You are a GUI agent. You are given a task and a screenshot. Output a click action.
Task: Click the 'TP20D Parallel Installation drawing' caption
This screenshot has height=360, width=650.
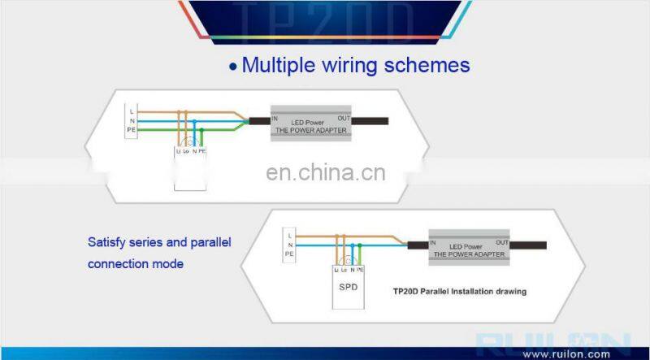tap(459, 291)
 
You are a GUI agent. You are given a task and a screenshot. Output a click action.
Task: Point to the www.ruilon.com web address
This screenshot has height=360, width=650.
tap(565, 353)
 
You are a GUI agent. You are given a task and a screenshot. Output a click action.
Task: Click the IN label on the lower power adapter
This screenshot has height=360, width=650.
tap(433, 243)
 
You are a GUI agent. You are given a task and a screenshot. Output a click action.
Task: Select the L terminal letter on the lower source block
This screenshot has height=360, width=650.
tap(290, 233)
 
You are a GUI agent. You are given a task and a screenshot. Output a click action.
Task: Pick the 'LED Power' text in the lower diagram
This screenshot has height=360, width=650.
tap(467, 246)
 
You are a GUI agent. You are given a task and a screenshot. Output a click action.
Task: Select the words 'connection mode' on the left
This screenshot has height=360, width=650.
tap(135, 263)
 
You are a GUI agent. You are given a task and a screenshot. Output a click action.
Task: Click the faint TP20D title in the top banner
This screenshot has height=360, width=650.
tap(324, 18)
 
